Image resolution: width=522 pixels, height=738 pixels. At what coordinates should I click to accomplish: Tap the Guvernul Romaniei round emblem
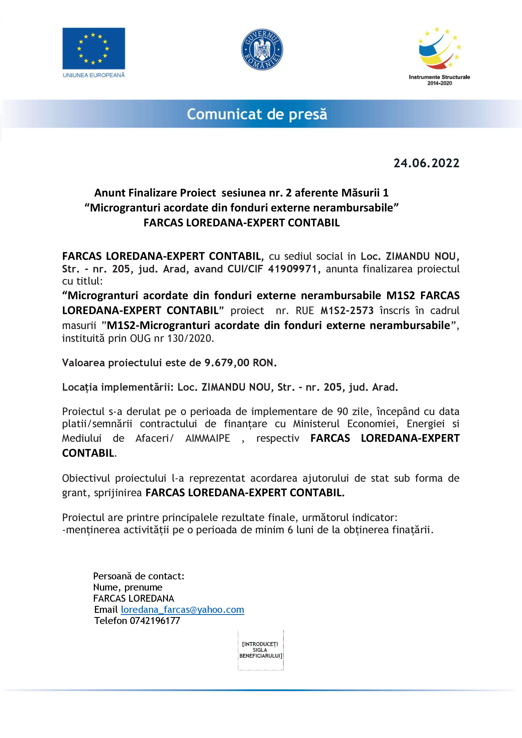pyautogui.click(x=262, y=49)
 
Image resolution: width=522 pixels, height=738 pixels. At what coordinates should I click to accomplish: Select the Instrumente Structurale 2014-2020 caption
pyautogui.click(x=439, y=80)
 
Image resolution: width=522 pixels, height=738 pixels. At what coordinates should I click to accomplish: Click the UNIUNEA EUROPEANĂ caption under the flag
pyautogui.click(x=94, y=75)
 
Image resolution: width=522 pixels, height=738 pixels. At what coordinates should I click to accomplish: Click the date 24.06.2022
pyautogui.click(x=426, y=163)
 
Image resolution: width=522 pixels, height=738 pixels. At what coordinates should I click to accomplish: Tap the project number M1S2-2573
pyautogui.click(x=347, y=311)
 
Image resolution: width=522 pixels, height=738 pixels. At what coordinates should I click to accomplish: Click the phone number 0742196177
pyautogui.click(x=155, y=621)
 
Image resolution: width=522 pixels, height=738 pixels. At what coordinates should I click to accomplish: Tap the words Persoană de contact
pyautogui.click(x=138, y=576)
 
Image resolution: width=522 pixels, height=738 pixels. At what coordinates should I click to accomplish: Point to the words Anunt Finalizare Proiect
pyautogui.click(x=155, y=193)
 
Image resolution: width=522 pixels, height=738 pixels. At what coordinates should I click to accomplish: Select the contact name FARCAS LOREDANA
pyautogui.click(x=133, y=599)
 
